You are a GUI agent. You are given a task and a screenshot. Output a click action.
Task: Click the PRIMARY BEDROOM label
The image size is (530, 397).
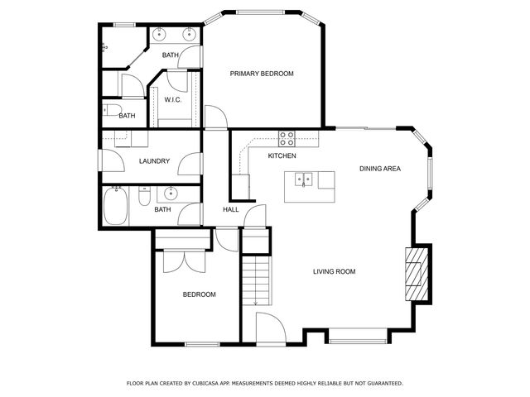[x=262, y=74]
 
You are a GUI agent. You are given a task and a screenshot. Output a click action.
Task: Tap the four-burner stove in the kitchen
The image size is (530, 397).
[x=287, y=138]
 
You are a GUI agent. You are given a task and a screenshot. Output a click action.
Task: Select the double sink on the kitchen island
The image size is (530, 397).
[x=306, y=177]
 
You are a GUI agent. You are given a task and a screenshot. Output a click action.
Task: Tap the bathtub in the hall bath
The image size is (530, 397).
[x=117, y=206]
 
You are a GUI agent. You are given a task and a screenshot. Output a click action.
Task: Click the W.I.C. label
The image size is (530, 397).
[x=173, y=100]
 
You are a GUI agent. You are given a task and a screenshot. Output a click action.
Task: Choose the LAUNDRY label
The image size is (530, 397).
[x=155, y=161]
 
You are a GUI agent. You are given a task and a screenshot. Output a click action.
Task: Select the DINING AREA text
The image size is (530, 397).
[x=380, y=169]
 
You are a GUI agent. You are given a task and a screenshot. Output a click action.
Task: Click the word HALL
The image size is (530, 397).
[x=231, y=209]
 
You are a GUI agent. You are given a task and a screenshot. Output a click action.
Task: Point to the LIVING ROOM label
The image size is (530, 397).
[x=334, y=271]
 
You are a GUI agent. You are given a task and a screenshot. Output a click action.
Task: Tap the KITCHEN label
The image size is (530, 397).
[x=282, y=155]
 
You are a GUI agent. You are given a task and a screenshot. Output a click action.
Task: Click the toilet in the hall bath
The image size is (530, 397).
[x=144, y=198]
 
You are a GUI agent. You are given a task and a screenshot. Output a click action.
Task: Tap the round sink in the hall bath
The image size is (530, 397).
[x=171, y=194]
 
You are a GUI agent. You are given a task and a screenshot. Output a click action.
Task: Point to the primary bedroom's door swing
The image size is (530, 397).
[x=214, y=118]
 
